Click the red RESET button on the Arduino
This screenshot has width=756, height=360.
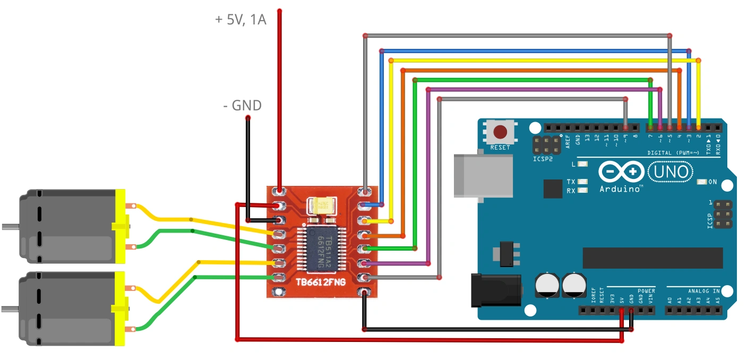pyautogui.click(x=500, y=131)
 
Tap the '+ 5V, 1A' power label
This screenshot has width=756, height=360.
pyautogui.click(x=240, y=20)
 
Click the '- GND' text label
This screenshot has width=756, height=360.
pyautogui.click(x=242, y=106)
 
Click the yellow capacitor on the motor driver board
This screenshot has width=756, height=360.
pyautogui.click(x=322, y=205)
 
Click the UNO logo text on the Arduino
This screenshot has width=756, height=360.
pyautogui.click(x=671, y=172)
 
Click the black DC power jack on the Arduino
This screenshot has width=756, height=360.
pyautogui.click(x=496, y=290)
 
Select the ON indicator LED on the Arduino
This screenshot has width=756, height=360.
pyautogui.click(x=702, y=182)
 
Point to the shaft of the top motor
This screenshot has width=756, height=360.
pyautogui.click(x=10, y=227)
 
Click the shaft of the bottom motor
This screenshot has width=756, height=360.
pyautogui.click(x=10, y=308)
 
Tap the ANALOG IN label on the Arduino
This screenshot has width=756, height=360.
pyautogui.click(x=703, y=291)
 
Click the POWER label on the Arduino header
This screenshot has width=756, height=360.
pyautogui.click(x=646, y=291)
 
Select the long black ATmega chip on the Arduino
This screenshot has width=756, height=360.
pyautogui.click(x=652, y=258)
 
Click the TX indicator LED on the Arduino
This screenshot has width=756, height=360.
pyautogui.click(x=583, y=182)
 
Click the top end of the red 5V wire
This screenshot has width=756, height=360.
pyautogui.click(x=279, y=11)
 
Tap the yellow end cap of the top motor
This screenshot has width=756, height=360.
pyautogui.click(x=121, y=227)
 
